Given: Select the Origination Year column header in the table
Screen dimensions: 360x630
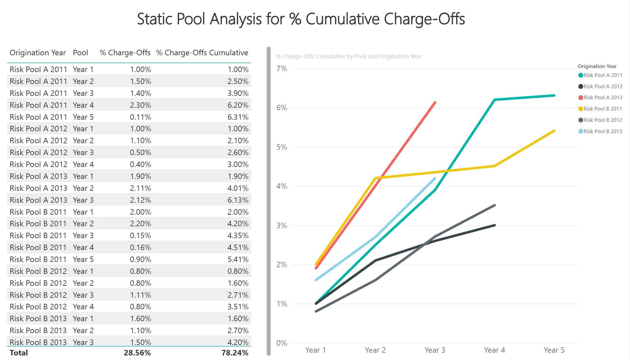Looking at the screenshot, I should pyautogui.click(x=38, y=53).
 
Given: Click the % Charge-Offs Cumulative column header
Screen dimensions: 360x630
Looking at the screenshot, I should pyautogui.click(x=202, y=53).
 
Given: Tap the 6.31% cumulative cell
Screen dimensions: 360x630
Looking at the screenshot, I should pyautogui.click(x=238, y=117).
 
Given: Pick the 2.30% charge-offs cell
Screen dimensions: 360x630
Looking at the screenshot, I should pyautogui.click(x=140, y=105).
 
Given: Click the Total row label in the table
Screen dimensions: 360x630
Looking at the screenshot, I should pyautogui.click(x=19, y=353).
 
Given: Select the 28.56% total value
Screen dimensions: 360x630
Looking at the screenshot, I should pyautogui.click(x=137, y=353).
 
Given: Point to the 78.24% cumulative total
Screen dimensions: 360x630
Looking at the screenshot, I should pyautogui.click(x=235, y=353).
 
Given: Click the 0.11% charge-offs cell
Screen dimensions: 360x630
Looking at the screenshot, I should pyautogui.click(x=140, y=117).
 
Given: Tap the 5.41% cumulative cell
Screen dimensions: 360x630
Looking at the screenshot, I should pyautogui.click(x=238, y=259).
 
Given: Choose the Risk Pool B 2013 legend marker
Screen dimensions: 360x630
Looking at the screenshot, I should pyautogui.click(x=581, y=131).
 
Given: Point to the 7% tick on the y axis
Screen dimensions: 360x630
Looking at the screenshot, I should pyautogui.click(x=281, y=69).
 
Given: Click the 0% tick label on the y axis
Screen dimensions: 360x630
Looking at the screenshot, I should pyautogui.click(x=281, y=343).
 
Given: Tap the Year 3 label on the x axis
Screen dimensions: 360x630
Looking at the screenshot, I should pyautogui.click(x=435, y=350).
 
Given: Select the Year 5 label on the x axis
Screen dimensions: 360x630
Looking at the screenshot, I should pyautogui.click(x=554, y=350).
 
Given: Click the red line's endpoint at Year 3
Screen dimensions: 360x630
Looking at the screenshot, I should pyautogui.click(x=435, y=103).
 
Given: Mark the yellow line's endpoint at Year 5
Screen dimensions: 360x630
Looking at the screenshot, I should pyautogui.click(x=554, y=131).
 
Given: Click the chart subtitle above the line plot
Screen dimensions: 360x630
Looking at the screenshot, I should pyautogui.click(x=349, y=56).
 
